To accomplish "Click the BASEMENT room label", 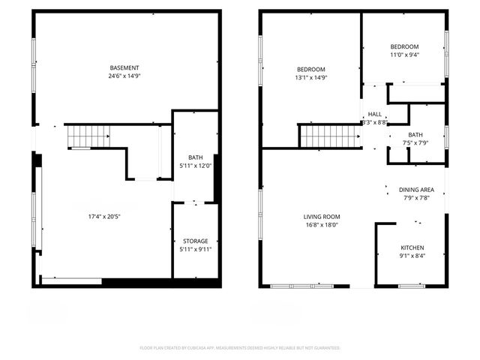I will point(124,67).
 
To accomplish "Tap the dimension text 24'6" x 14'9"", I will point(124,76).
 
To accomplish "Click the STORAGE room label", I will point(196,241).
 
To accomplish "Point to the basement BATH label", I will point(196,157).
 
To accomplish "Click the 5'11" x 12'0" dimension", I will point(196,166).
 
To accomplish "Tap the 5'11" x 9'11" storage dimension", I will point(196,250).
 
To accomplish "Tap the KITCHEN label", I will point(412,248).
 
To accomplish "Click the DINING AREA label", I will point(415,190).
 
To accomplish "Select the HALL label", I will point(374,114).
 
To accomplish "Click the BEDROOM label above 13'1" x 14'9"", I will point(310,69).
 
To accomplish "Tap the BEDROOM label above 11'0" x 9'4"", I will point(404,46).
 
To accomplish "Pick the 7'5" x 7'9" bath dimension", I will point(415,143).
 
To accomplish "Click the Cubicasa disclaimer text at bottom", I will point(240,348).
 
